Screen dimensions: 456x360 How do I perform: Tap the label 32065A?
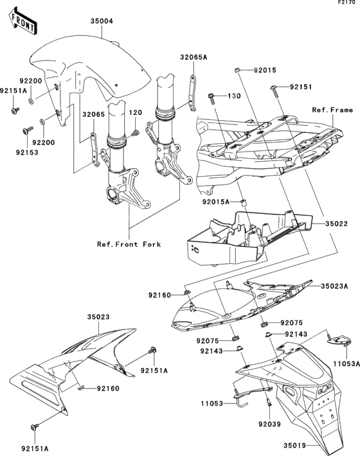click(194, 57)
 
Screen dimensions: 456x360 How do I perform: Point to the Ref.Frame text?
click(332, 110)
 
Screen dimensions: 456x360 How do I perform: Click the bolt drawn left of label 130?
click(212, 98)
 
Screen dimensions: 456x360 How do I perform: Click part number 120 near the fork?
click(135, 113)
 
